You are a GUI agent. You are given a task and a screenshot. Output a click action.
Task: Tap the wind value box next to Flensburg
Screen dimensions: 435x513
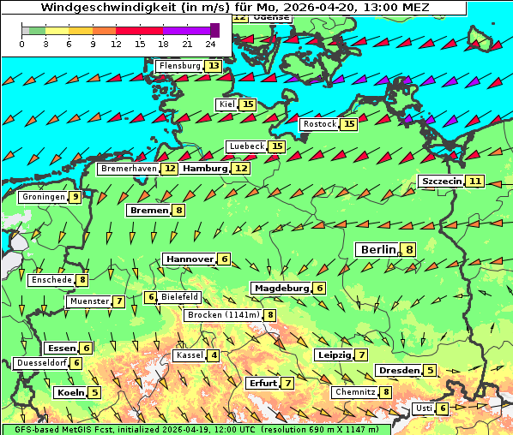pos(213,66)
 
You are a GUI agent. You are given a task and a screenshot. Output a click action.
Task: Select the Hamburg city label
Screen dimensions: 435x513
pos(205,169)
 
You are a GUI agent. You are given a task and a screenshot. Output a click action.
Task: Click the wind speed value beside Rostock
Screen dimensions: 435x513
pos(348,124)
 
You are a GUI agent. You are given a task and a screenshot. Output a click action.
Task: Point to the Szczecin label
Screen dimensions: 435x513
pos(442,182)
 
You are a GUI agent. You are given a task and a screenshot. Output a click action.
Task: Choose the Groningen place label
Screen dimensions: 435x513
pos(44,197)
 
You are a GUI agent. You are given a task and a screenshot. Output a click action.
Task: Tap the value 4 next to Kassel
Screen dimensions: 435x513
pos(214,355)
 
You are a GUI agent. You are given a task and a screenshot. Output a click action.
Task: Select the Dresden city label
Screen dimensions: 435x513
pos(399,371)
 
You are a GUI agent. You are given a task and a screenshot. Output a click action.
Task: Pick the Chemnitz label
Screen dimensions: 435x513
pos(354,392)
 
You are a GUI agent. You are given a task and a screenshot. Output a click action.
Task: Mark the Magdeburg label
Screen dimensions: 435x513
pos(281,288)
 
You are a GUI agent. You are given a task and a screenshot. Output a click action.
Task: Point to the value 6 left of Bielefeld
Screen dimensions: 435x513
pos(151,297)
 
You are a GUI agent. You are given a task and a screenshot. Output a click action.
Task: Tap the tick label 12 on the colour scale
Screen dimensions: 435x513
pos(116,43)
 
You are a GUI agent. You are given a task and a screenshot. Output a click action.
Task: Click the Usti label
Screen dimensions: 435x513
pos(424,408)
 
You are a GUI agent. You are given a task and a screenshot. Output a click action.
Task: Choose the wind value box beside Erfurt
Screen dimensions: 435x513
pos(288,383)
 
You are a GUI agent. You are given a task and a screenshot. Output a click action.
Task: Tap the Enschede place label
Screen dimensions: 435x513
pos(51,280)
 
